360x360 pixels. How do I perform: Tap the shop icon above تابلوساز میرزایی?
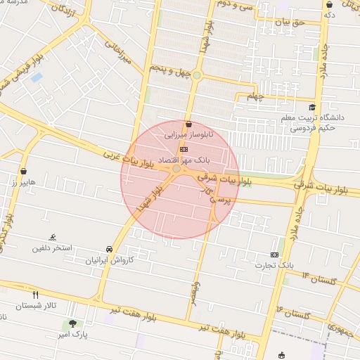[x=189, y=124]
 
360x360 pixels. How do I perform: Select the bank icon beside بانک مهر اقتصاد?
[x=184, y=149]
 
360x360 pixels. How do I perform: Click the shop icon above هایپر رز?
[x=25, y=171]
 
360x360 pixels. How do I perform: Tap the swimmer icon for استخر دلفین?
[x=52, y=238]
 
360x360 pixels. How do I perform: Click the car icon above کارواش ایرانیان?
[x=109, y=249]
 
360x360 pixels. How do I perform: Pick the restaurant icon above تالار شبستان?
[x=36, y=295]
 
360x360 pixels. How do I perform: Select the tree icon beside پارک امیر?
[x=72, y=323]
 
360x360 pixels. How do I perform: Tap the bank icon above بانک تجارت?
[x=274, y=255]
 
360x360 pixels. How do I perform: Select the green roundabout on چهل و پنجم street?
[x=197, y=75]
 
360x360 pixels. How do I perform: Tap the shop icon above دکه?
[x=329, y=4]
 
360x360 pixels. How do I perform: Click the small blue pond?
[x=37, y=77]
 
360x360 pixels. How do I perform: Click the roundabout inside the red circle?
[x=176, y=169]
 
